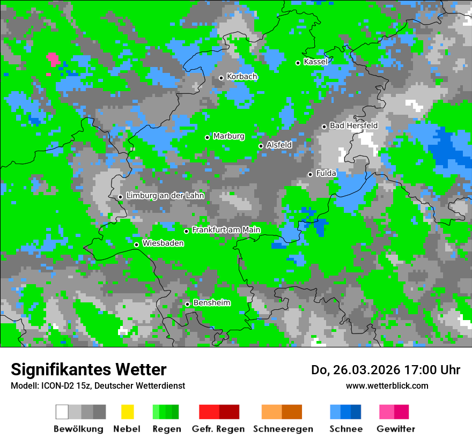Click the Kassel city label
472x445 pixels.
[x=315, y=62]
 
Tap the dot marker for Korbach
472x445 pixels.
[x=221, y=78]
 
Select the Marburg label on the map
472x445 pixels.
[x=228, y=136]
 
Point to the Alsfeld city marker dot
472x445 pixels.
[x=261, y=146]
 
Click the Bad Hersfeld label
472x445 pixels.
[x=353, y=125]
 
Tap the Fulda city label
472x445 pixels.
[x=326, y=173]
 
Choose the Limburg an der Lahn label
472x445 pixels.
[x=165, y=196]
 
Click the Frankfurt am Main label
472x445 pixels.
[x=226, y=230]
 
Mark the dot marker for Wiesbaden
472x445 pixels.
[x=137, y=244]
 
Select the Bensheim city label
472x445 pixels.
[x=211, y=303]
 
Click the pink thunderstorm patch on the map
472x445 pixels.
[x=53, y=58]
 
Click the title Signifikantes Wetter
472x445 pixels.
[x=88, y=369]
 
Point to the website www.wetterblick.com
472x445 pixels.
[x=387, y=385]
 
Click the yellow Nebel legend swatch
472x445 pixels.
[x=127, y=412]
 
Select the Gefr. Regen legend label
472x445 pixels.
[x=218, y=429]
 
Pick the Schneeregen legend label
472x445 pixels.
[x=283, y=429]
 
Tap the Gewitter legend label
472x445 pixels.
[x=395, y=429]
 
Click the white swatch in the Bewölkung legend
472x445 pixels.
[x=62, y=412]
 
